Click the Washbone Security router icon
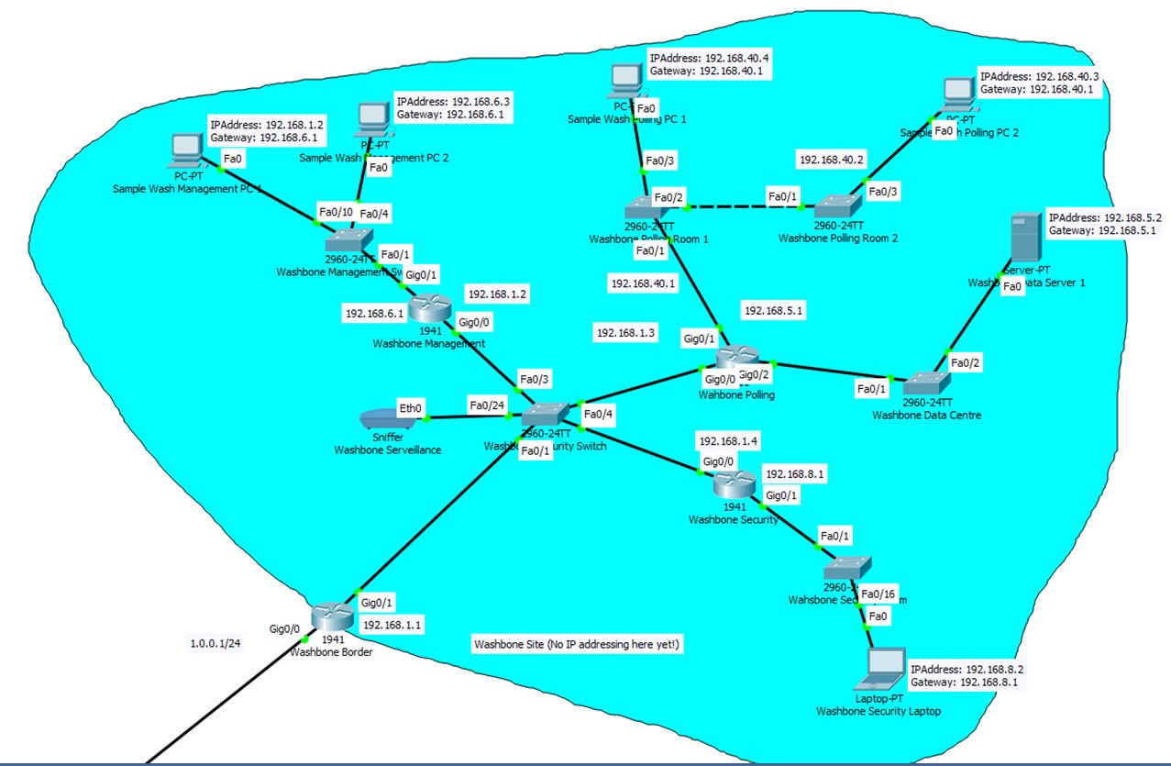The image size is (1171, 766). click(x=734, y=485)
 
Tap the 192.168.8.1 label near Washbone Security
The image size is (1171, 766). click(x=796, y=474)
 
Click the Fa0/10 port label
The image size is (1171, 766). click(x=335, y=212)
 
